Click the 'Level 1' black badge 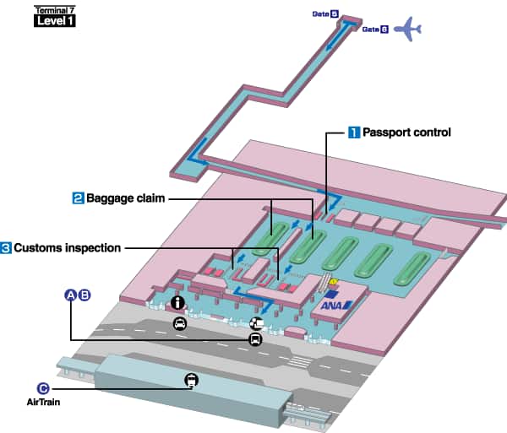[x=54, y=21]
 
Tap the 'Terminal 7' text [x=54, y=9]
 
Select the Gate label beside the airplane [x=374, y=30]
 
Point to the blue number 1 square [x=355, y=133]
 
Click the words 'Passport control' [x=406, y=133]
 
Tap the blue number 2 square [x=77, y=198]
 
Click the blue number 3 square [x=6, y=248]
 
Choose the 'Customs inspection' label [x=67, y=248]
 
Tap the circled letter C [x=43, y=388]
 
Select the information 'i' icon [x=177, y=302]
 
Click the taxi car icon [x=179, y=322]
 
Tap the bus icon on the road [x=254, y=338]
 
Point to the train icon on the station [x=192, y=380]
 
